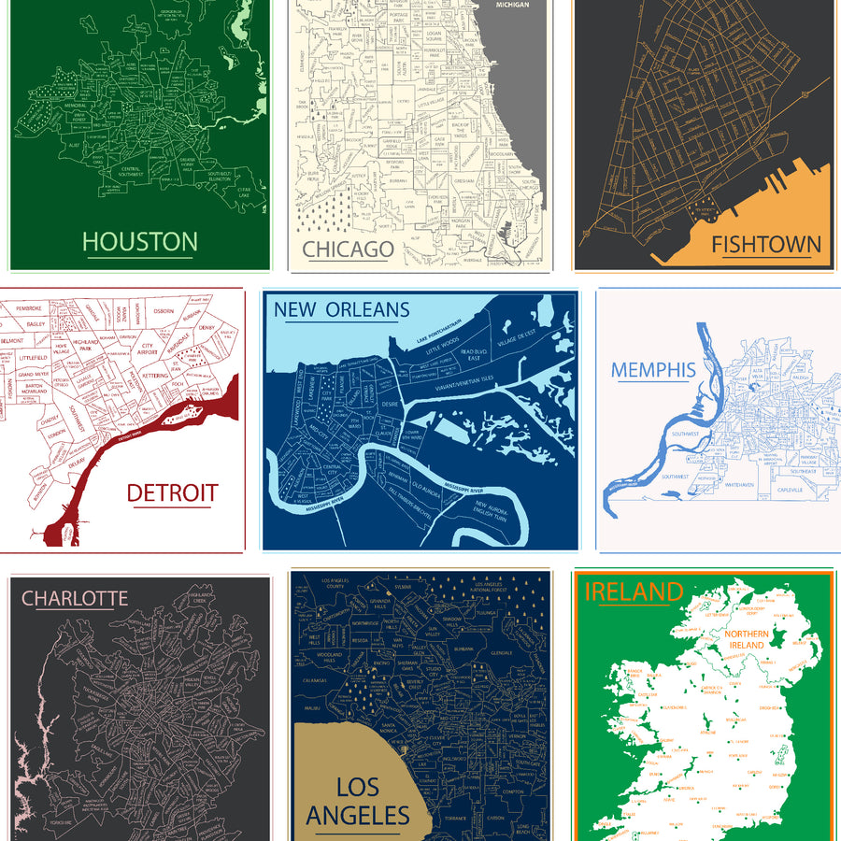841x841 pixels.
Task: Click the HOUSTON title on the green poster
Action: [140, 242]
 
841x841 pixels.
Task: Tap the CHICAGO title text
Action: [348, 249]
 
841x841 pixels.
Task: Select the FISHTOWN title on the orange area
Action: [766, 246]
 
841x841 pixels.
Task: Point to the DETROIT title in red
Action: [172, 492]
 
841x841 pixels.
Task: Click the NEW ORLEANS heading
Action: [341, 309]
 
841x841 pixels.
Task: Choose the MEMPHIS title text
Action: [653, 369]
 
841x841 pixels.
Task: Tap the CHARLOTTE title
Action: [75, 598]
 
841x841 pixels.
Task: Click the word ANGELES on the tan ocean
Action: [358, 816]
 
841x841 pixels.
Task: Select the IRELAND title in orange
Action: [634, 592]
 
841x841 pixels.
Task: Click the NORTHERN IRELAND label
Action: [745, 640]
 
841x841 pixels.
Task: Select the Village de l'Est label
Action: [517, 333]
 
